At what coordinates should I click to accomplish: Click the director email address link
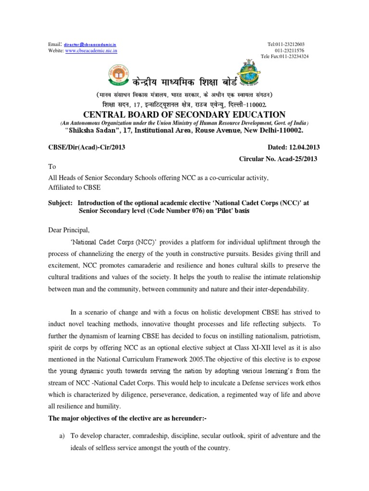[x=90, y=44]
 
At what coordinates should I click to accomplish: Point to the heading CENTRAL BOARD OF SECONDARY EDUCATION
[x=184, y=114]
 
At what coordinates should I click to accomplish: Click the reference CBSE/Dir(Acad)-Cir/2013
[x=86, y=148]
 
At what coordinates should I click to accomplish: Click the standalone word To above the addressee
[x=52, y=168]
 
